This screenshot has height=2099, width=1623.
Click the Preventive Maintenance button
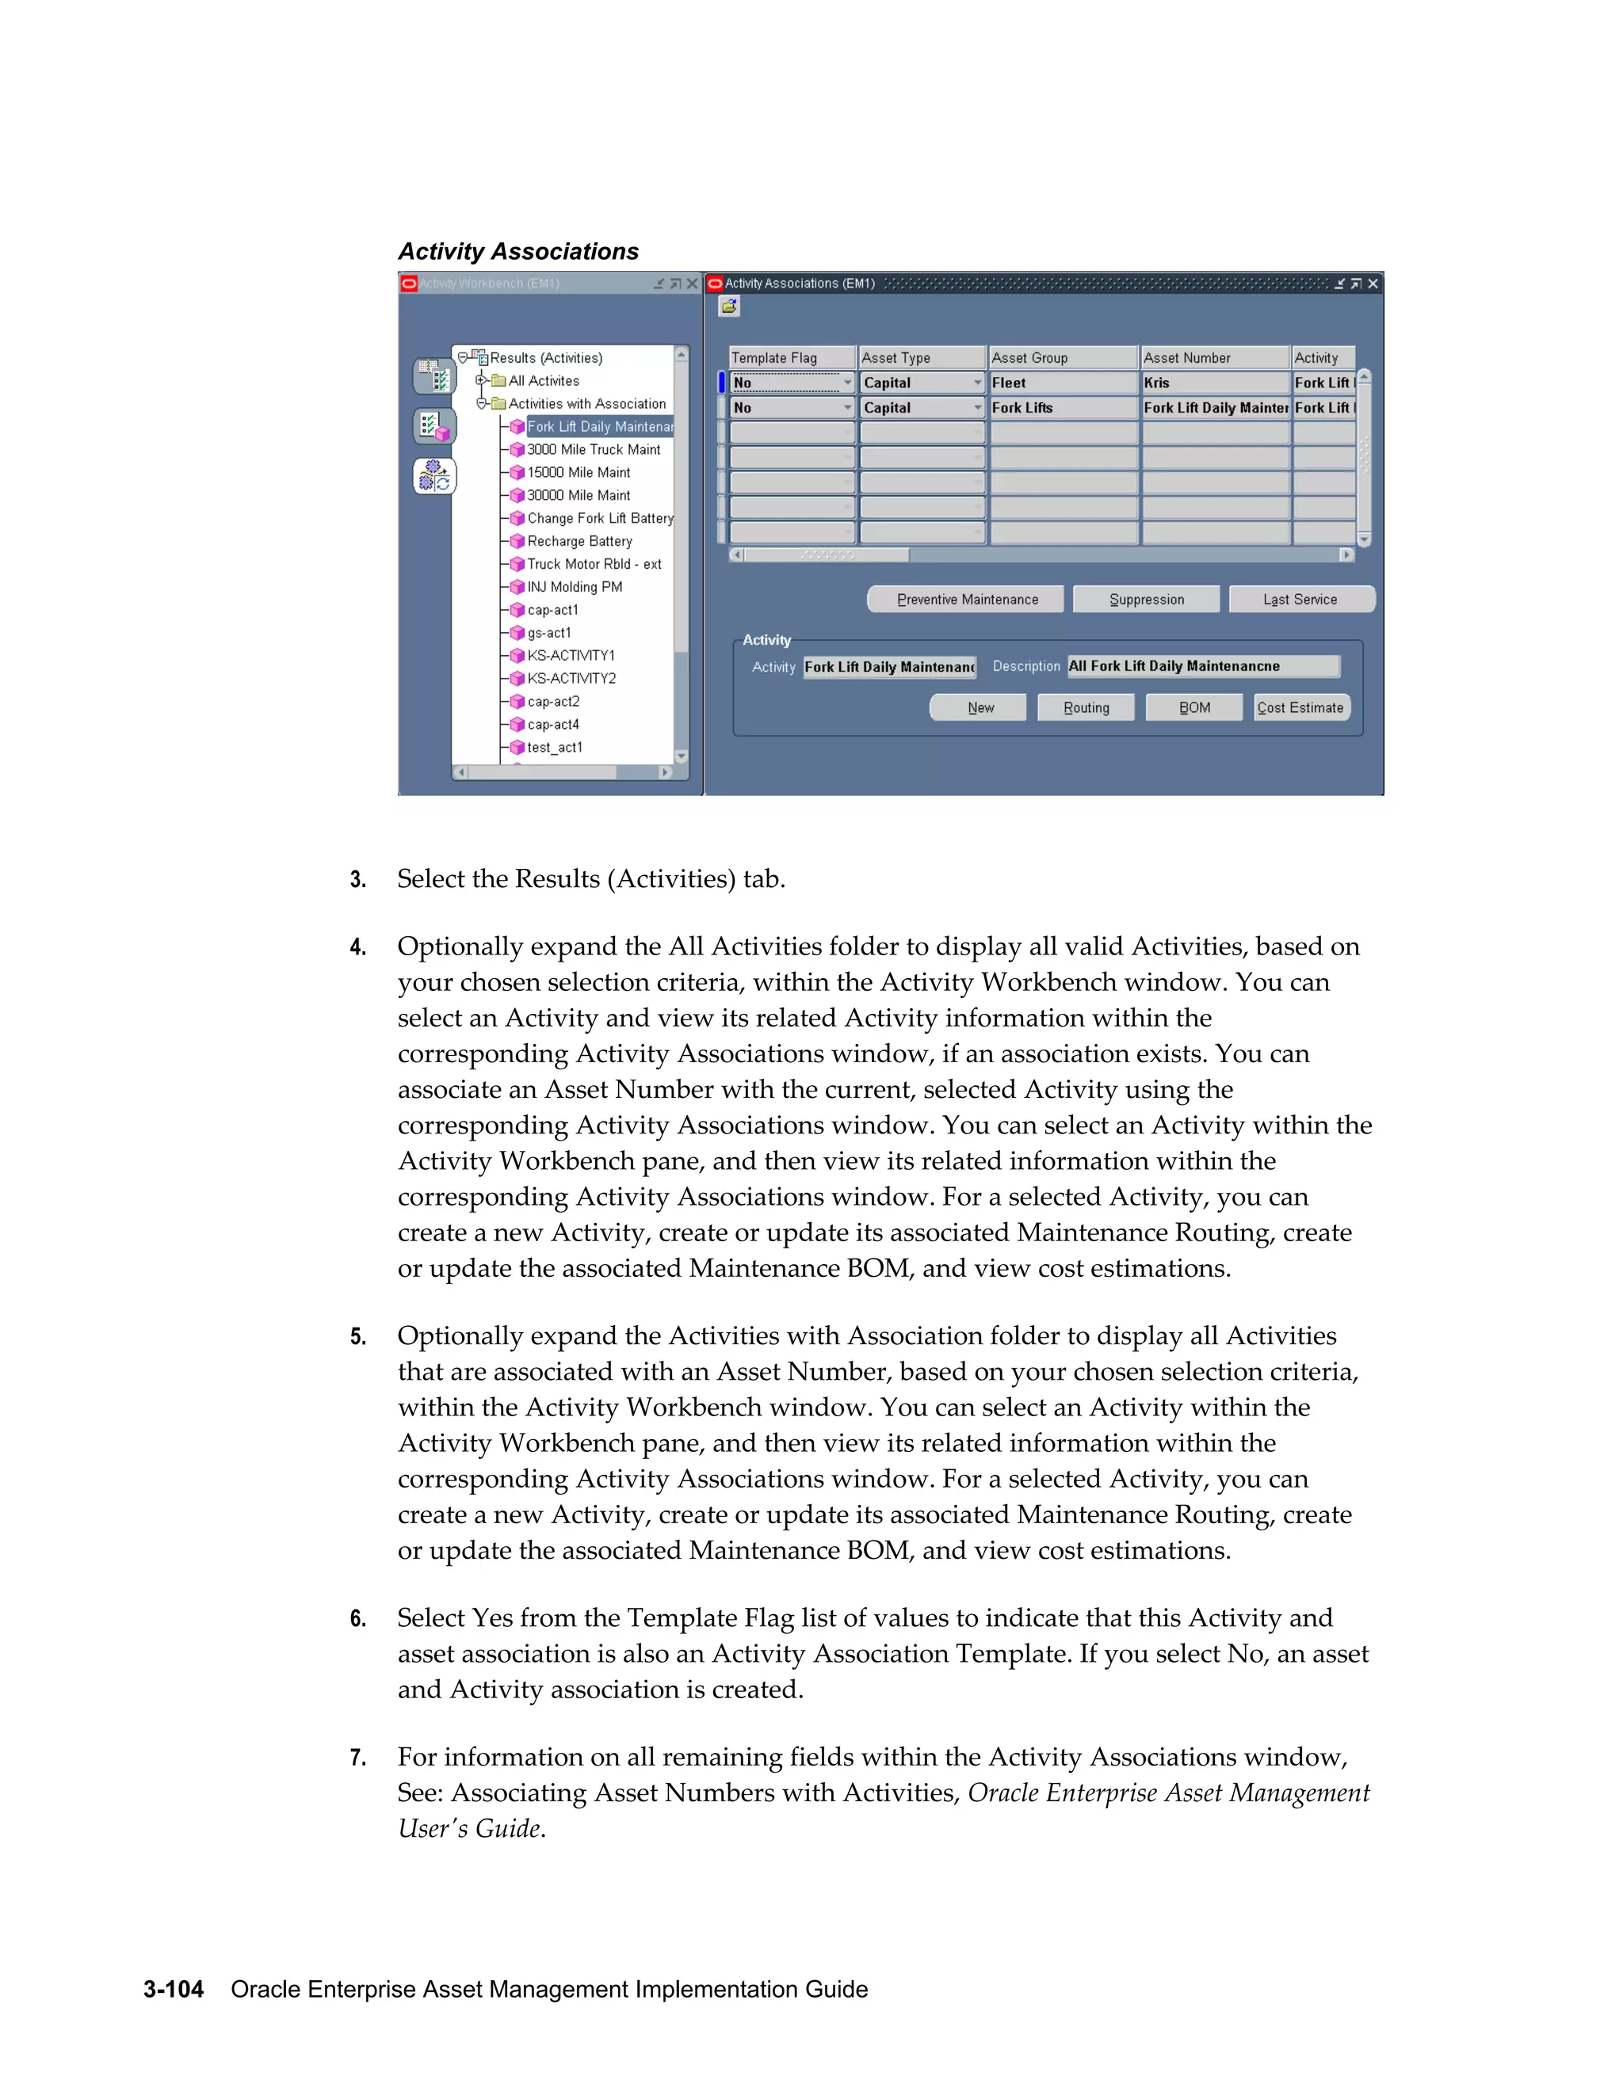pos(966,599)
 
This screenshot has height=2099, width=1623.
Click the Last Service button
pos(1301,599)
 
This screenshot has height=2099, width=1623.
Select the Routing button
pos(1086,707)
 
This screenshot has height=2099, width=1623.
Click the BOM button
pos(1194,707)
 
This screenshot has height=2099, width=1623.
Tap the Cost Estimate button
pos(1301,707)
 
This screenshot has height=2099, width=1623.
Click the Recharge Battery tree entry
pos(579,541)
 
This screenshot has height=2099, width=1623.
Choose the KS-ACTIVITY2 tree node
pos(571,679)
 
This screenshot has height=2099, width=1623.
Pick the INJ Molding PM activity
pos(574,586)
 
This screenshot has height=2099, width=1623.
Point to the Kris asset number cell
pos(1214,383)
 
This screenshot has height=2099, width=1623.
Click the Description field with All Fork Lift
pos(1203,666)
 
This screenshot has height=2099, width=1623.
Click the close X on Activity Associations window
pos(1373,284)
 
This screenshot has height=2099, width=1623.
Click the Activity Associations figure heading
pos(518,251)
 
